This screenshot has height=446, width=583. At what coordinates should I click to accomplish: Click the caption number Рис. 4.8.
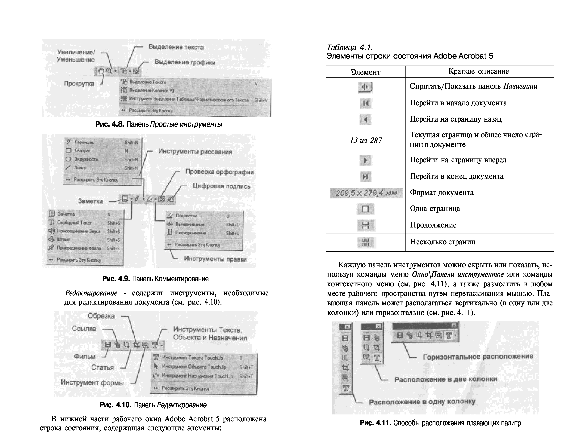110,124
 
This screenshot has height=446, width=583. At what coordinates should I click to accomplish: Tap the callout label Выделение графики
185,62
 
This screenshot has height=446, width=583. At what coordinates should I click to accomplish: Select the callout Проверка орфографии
219,172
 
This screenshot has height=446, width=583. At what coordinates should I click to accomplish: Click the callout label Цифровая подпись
221,186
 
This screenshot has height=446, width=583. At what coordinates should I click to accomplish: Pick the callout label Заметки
90,201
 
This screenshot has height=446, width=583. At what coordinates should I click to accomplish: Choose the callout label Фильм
85,357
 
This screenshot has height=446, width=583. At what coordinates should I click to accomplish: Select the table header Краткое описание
479,71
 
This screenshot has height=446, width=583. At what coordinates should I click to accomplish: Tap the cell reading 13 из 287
366,141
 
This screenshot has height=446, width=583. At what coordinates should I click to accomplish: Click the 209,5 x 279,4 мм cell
366,193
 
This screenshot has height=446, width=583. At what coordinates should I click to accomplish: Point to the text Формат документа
441,193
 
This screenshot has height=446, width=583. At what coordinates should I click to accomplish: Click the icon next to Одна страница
365,209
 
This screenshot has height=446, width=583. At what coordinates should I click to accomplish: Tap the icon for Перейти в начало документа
365,103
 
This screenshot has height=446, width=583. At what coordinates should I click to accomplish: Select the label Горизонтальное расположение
478,357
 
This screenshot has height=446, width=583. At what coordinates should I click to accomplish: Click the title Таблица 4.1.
349,48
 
